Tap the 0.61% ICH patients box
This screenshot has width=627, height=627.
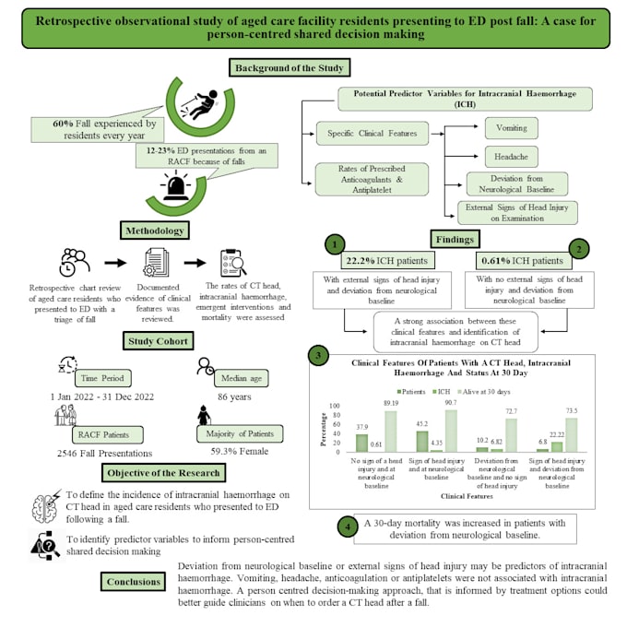tap(521, 260)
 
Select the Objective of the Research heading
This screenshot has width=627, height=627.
tap(164, 473)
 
